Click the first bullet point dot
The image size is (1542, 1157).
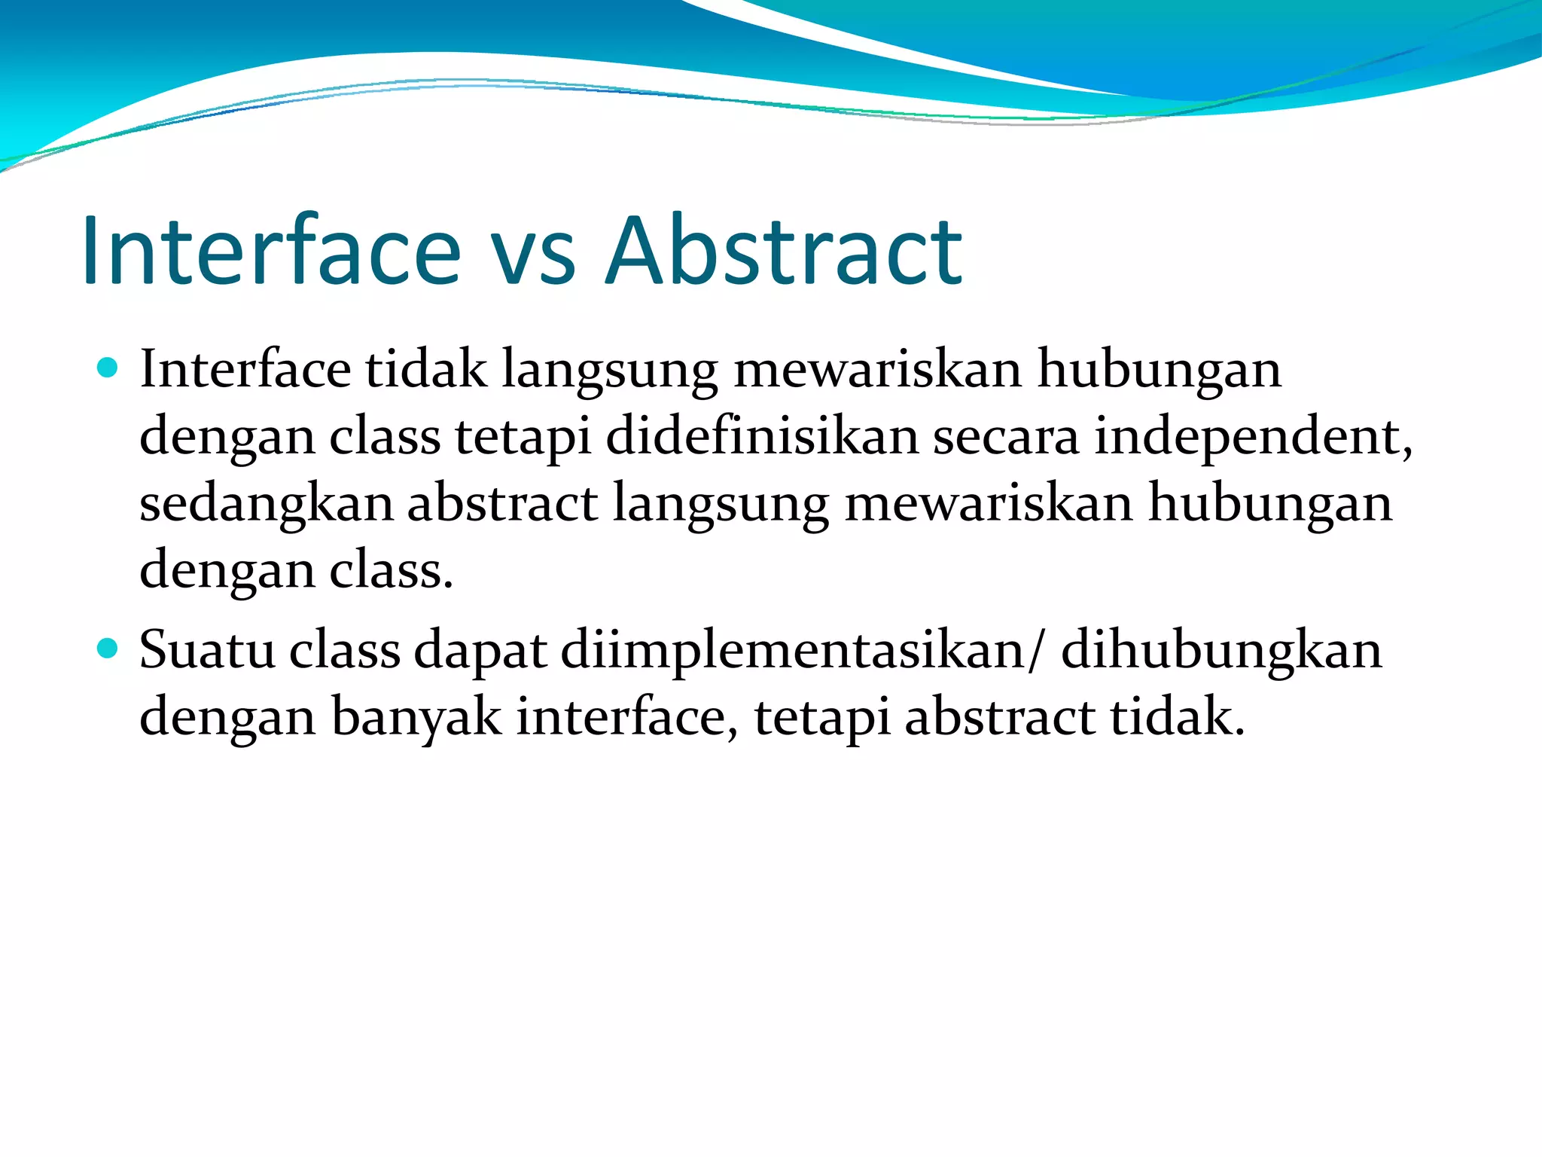tap(108, 368)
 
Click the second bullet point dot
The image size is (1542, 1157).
tap(108, 648)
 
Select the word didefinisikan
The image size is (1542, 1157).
tap(762, 437)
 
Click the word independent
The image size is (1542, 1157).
tap(1250, 437)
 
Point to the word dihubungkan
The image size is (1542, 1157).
tap(1221, 649)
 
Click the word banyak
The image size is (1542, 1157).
tap(416, 717)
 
